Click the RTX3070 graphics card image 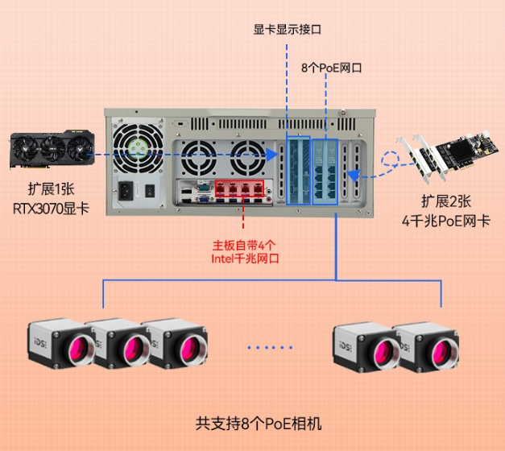coord(48,150)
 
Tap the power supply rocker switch coord(151,191)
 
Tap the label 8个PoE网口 coord(331,68)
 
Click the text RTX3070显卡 coord(51,208)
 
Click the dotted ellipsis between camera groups coord(269,348)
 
